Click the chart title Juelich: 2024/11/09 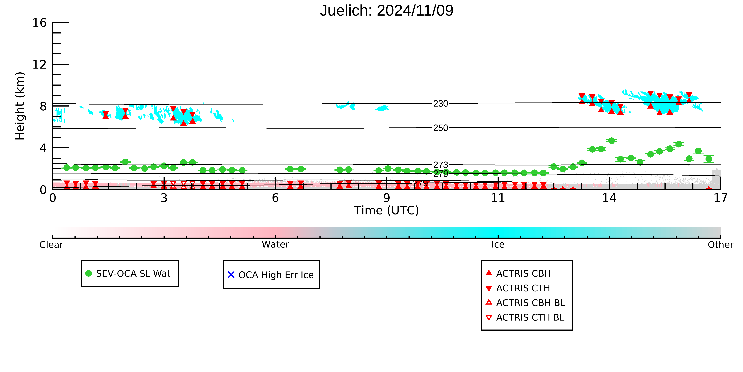tap(387, 11)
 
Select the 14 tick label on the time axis tap(609, 198)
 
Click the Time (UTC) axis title tap(387, 211)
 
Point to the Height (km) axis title tap(20, 106)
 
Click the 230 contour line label tap(440, 103)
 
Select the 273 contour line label tap(440, 165)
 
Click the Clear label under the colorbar tap(51, 245)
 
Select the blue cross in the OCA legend tap(231, 275)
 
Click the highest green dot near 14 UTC tap(612, 141)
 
